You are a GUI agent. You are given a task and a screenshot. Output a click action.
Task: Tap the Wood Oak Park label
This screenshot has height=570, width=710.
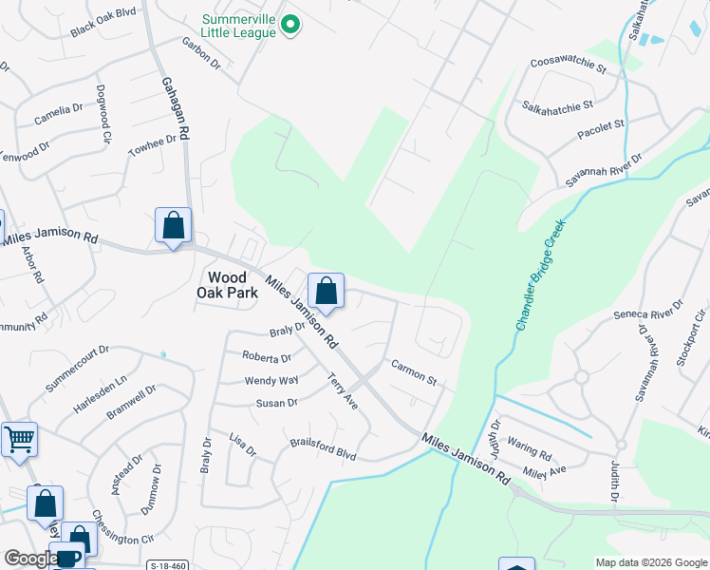[227, 285]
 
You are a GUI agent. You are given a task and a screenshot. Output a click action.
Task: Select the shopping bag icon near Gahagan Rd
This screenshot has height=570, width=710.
[173, 226]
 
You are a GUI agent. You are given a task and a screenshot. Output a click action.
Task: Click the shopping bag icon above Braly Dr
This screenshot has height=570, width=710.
[326, 291]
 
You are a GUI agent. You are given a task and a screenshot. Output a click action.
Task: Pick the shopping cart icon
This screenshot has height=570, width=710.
[19, 440]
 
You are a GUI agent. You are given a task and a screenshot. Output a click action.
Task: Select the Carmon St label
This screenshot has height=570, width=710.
[414, 372]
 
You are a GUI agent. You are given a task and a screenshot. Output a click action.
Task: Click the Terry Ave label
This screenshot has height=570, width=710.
[343, 389]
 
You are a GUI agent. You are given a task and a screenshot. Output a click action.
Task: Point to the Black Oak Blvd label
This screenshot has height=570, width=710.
[103, 28]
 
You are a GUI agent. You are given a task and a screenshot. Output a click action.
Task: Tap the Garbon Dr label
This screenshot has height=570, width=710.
[201, 54]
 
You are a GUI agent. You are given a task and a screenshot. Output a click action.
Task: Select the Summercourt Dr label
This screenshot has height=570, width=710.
[77, 369]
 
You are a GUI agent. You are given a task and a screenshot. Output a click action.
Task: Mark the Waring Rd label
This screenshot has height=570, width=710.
[530, 452]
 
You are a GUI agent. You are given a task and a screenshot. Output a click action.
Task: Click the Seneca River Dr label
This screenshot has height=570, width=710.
[648, 313]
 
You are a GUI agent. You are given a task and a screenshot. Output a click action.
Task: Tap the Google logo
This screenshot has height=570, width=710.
[30, 559]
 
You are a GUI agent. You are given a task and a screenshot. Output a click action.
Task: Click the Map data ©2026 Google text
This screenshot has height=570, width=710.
[651, 561]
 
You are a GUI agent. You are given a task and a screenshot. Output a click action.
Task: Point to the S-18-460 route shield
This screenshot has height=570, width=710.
[168, 565]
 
